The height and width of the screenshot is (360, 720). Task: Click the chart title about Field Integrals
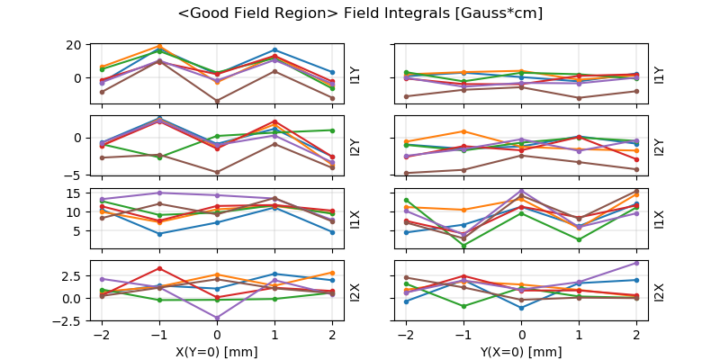pyautogui.click(x=360, y=13)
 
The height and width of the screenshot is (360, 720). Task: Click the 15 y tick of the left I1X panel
pyautogui.click(x=75, y=193)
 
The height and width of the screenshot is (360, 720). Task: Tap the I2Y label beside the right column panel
pyautogui.click(x=660, y=147)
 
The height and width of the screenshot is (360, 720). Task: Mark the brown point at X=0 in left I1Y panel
pyautogui.click(x=217, y=101)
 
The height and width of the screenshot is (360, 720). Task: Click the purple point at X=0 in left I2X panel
pyautogui.click(x=217, y=318)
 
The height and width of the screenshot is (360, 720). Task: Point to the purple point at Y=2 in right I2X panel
pyautogui.click(x=636, y=263)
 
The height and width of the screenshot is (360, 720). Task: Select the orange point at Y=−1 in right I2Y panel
pyautogui.click(x=464, y=131)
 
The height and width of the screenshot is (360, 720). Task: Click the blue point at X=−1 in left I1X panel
pyautogui.click(x=159, y=234)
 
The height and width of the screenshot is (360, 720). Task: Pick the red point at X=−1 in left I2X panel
pyautogui.click(x=159, y=268)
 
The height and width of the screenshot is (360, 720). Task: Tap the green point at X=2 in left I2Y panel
pyautogui.click(x=332, y=130)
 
